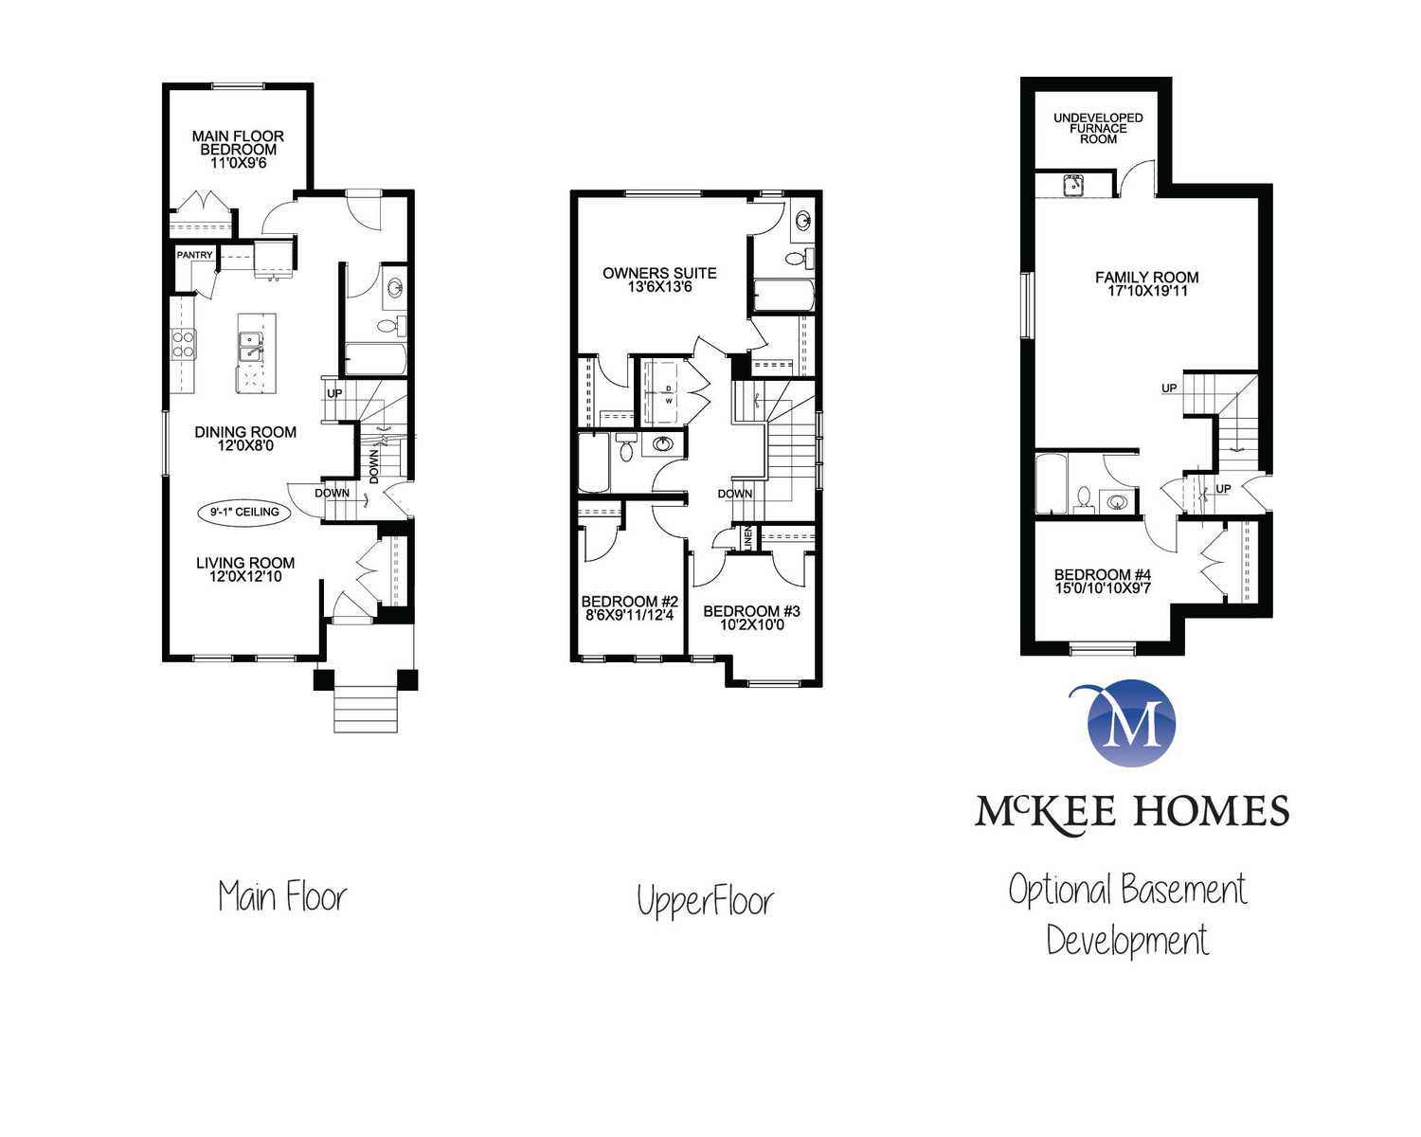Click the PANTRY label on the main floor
tap(194, 255)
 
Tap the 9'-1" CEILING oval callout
tap(244, 512)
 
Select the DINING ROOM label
tap(245, 432)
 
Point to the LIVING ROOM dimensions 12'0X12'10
tap(245, 577)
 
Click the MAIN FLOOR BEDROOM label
tap(238, 143)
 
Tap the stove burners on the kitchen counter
tap(184, 345)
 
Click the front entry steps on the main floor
tap(365, 709)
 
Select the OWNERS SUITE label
tap(659, 273)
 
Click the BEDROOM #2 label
tap(629, 602)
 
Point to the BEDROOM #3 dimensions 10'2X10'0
tap(751, 624)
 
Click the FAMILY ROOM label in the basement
tap(1146, 278)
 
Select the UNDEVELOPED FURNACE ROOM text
tap(1098, 128)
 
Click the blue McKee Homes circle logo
tap(1131, 724)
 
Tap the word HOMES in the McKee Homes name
tap(1211, 811)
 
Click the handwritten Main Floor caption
tap(282, 896)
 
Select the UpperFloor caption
tap(705, 900)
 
